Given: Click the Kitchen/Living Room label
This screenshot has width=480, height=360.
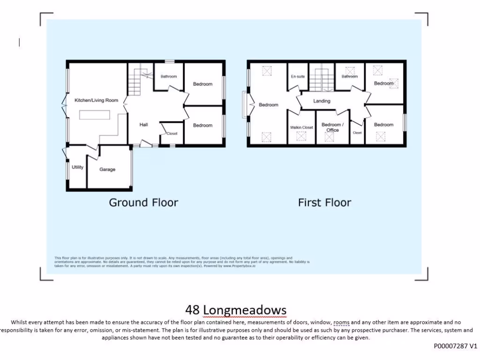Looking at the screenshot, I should click(96, 100).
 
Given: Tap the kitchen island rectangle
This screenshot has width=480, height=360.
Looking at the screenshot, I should click(95, 115).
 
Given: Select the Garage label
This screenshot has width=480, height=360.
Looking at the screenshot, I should click(107, 170).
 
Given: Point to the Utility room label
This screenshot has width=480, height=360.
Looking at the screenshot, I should click(77, 167).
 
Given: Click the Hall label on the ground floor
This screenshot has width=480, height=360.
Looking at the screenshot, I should click(143, 125).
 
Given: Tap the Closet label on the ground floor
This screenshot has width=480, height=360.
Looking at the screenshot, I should click(172, 134).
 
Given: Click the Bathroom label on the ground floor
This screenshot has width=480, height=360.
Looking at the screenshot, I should click(168, 76).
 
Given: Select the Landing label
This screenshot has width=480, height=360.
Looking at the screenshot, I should click(322, 101).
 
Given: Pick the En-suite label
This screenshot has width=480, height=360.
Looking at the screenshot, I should click(298, 76).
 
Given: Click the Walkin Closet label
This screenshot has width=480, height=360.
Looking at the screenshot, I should click(301, 127).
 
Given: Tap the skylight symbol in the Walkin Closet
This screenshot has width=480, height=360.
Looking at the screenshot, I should click(300, 136).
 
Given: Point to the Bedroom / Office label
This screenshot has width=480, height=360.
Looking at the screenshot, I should click(333, 127).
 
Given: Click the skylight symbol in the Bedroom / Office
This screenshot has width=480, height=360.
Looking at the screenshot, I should click(333, 139).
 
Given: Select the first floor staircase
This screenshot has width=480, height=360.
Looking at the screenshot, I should click(322, 79).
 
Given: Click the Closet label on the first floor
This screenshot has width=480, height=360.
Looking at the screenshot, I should click(357, 133).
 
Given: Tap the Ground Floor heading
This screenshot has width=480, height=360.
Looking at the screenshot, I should click(143, 202).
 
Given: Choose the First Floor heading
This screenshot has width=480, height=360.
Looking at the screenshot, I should click(324, 202).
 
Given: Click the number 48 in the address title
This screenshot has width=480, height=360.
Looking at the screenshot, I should click(193, 310).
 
